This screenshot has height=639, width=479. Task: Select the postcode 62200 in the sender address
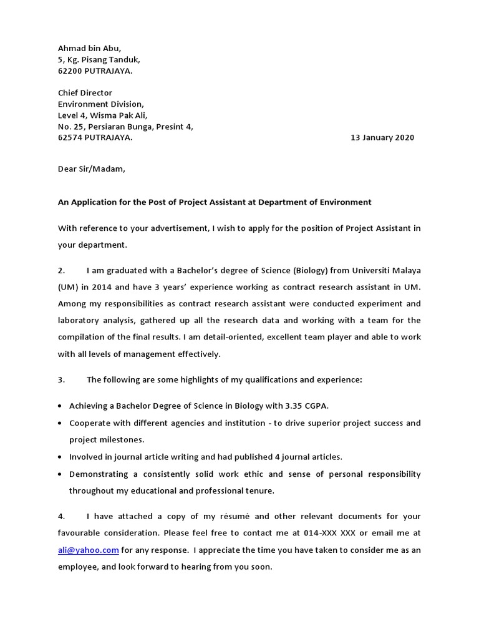tap(70, 71)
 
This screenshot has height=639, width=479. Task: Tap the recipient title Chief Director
tap(85, 93)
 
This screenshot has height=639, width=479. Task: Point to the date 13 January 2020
tap(382, 138)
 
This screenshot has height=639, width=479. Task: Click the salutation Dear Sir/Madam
tap(92, 168)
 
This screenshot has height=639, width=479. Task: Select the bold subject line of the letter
tap(215, 202)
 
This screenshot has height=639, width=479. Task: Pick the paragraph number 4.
tap(62, 517)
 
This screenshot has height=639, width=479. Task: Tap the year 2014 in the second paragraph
tap(104, 287)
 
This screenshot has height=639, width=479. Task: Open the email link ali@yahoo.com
tap(89, 550)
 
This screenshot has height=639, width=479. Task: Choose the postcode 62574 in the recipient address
tap(70, 138)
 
